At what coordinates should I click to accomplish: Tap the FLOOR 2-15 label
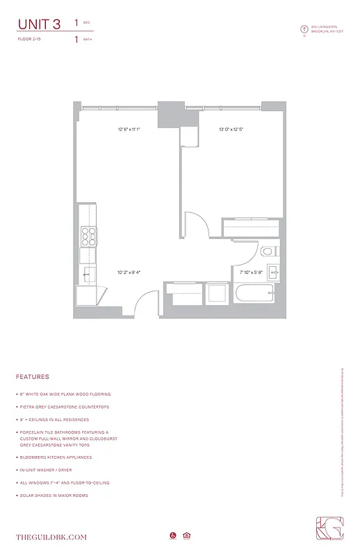point(31,40)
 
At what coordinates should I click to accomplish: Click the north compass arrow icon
point(304,29)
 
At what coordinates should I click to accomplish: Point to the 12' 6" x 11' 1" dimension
point(129,129)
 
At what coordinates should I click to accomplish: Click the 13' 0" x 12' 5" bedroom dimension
point(231,129)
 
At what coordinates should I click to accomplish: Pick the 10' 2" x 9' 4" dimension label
point(129,272)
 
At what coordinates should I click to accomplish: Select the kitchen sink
point(88,275)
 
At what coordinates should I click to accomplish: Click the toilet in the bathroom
point(268,251)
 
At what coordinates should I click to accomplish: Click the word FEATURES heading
point(33,377)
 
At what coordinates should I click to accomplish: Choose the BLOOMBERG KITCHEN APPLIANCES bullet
point(56,457)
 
